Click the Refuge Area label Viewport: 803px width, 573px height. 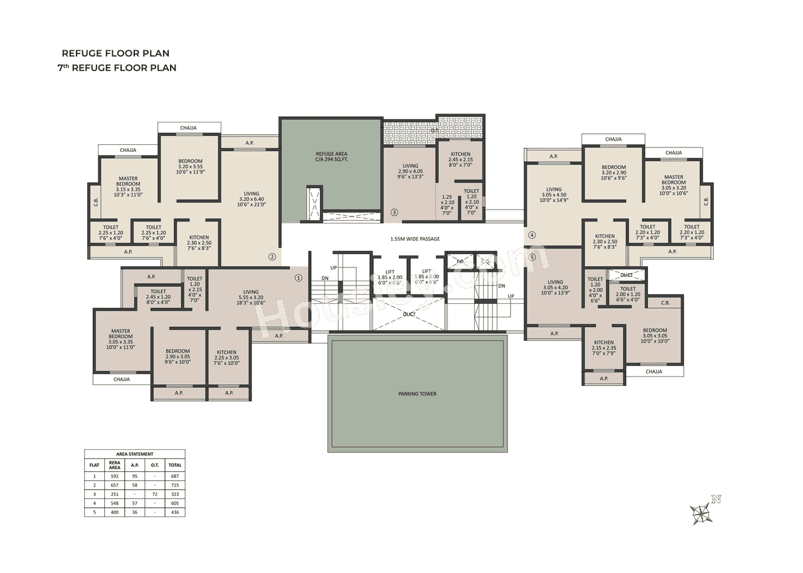click(331, 157)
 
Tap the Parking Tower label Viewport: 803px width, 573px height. click(417, 394)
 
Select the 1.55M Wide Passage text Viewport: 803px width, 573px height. click(415, 239)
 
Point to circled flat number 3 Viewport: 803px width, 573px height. click(394, 212)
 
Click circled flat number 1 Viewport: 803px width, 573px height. click(298, 277)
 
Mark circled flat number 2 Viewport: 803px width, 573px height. click(272, 256)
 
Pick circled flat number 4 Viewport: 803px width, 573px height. click(532, 236)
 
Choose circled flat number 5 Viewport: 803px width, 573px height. click(532, 257)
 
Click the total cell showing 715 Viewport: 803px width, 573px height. click(175, 485)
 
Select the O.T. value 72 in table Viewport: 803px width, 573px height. click(154, 494)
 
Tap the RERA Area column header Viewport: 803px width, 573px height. click(114, 465)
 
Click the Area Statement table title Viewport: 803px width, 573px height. click(134, 454)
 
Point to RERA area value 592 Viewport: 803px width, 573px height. click(114, 476)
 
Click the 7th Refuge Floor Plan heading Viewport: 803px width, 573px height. click(117, 68)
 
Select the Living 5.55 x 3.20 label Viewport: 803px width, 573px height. click(251, 297)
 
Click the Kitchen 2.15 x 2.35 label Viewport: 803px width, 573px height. click(604, 346)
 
